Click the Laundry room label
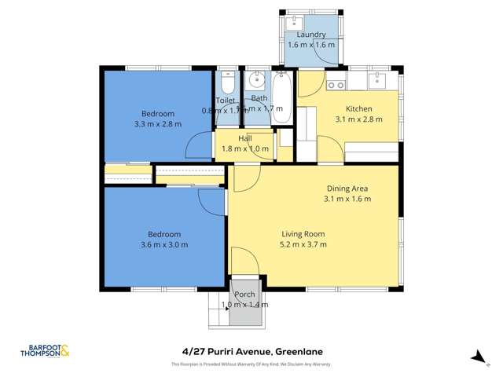[x=311, y=35]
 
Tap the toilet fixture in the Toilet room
[x=226, y=83]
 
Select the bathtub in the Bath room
[x=281, y=99]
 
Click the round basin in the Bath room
[x=256, y=80]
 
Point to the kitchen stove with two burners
[x=336, y=84]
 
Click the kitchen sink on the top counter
[x=377, y=80]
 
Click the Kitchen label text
[x=358, y=109]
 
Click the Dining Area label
[x=347, y=188]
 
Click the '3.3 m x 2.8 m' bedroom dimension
[x=158, y=124]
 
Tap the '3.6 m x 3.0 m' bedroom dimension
[x=164, y=244]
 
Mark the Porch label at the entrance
[x=244, y=295]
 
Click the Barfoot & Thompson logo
[x=45, y=352]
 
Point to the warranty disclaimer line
[x=251, y=364]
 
